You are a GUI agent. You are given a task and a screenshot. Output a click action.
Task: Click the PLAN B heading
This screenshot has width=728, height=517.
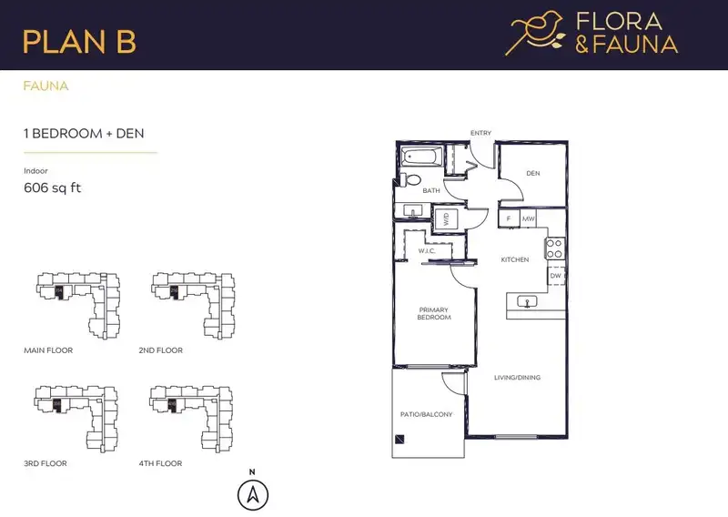coord(79,41)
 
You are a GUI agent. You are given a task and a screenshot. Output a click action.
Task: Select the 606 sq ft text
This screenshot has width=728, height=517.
coord(53,188)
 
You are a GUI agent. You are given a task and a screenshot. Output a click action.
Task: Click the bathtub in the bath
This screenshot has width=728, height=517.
coord(420,156)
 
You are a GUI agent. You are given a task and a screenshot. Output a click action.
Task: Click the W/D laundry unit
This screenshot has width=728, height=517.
coord(446,218)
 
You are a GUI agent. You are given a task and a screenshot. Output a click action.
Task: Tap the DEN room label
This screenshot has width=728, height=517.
coord(533,173)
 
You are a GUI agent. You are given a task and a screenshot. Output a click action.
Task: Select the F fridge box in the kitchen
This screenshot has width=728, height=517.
coord(509,218)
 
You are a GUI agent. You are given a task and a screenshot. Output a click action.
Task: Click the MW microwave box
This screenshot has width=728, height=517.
coord(528,218)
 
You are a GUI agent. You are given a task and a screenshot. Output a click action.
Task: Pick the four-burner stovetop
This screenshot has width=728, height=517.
coord(554,248)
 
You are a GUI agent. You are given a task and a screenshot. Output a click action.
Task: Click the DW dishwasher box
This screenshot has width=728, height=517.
coord(556,276)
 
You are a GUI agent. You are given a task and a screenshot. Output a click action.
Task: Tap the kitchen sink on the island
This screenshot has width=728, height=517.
coord(527,302)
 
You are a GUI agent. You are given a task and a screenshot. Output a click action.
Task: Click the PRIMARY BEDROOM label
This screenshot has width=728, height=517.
coord(434,313)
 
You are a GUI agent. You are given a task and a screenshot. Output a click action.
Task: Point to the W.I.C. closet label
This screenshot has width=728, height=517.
coord(427,251)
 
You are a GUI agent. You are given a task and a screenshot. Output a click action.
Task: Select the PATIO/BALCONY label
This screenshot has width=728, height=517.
coord(426,414)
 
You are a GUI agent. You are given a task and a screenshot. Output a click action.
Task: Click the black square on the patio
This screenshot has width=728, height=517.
coord(399,439)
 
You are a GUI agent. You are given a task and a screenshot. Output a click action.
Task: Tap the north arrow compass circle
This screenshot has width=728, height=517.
coord(253,495)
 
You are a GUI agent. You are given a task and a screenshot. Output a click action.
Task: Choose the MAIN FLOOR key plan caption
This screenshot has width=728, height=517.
coord(48,350)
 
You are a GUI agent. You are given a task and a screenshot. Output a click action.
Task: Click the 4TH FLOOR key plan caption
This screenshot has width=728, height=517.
coord(161,463)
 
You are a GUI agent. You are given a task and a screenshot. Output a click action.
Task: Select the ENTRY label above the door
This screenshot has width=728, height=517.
coord(480,133)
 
